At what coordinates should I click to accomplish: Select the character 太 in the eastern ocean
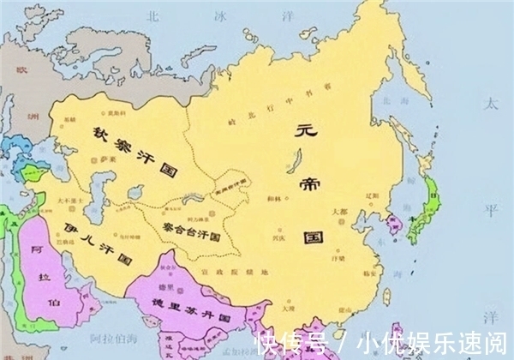(x=490, y=104)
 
